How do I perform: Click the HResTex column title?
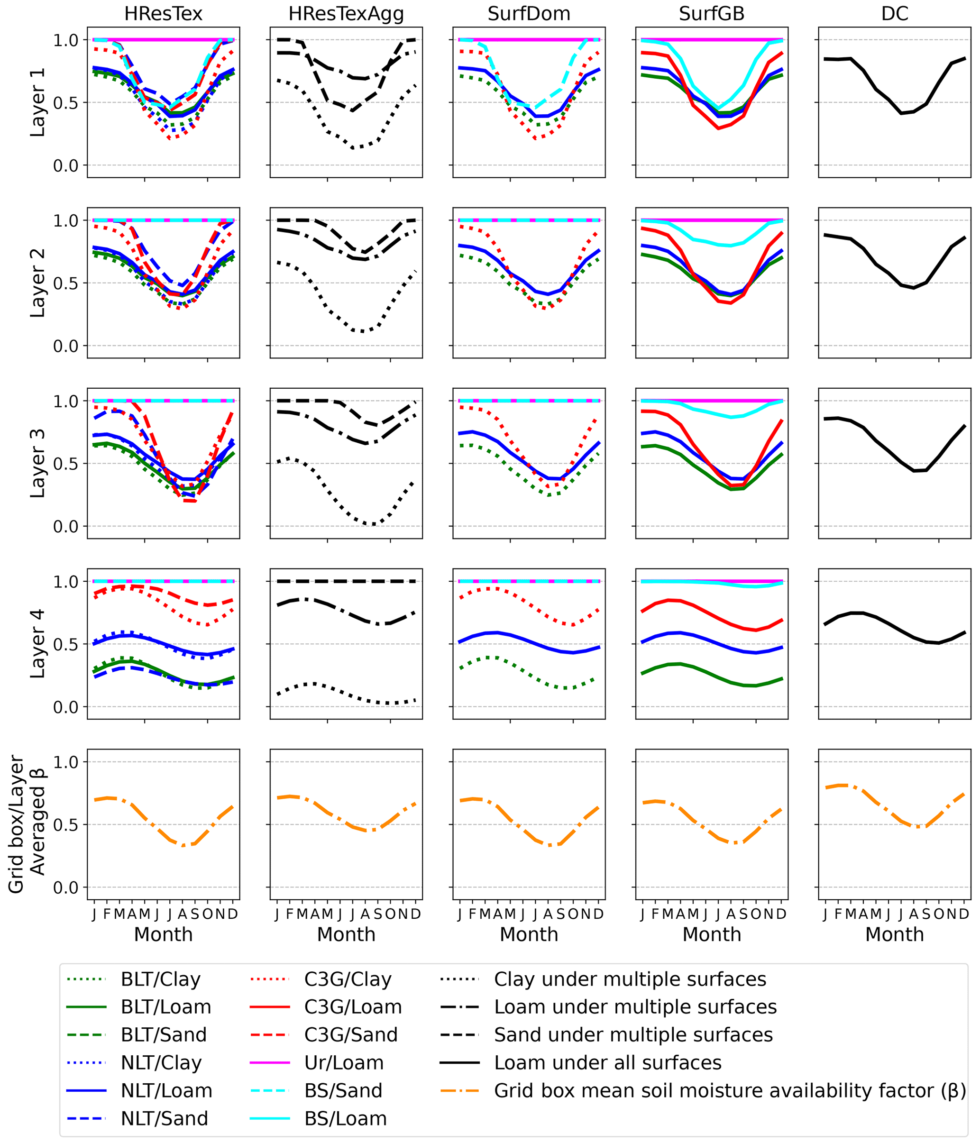point(163,14)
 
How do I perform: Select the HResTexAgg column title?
point(346,14)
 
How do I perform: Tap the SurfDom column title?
point(529,14)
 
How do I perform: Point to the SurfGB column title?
point(711,14)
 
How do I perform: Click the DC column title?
point(895,14)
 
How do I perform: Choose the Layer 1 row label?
point(37,102)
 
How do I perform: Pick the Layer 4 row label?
point(37,644)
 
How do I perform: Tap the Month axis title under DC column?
point(895,934)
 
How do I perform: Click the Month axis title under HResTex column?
point(163,934)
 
